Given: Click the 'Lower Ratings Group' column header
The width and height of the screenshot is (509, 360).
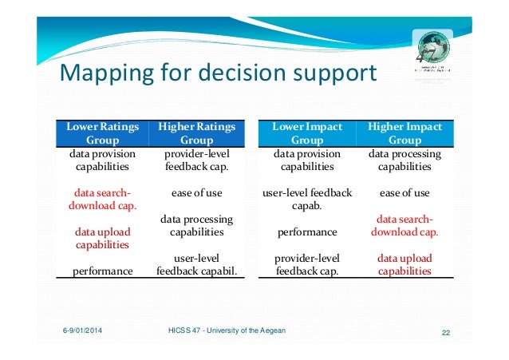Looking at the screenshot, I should [x=102, y=133].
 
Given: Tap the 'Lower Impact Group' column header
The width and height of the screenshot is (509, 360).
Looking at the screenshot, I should [x=307, y=133].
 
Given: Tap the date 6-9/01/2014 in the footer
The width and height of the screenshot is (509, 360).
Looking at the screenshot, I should [x=89, y=330].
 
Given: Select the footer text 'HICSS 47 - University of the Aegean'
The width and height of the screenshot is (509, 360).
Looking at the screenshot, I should [x=227, y=330].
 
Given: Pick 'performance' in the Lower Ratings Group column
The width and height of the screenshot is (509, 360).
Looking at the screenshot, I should [x=102, y=271].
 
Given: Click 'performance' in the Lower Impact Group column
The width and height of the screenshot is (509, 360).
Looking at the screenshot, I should [x=306, y=232].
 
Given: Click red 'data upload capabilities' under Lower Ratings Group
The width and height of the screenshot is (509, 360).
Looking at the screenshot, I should [x=102, y=239].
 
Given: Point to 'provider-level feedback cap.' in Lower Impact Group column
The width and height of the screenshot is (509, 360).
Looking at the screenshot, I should [x=307, y=265].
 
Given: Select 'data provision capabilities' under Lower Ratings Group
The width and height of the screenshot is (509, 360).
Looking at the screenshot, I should [x=102, y=160].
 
